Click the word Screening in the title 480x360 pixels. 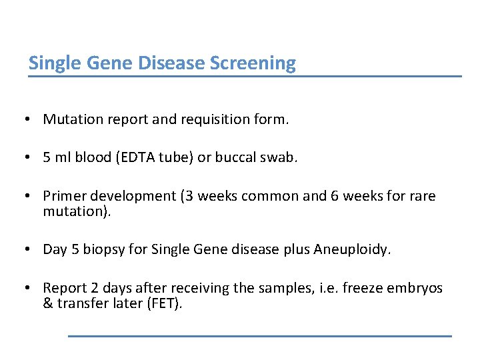253,63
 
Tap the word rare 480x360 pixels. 422,197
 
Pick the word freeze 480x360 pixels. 359,288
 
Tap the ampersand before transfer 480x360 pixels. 47,303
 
